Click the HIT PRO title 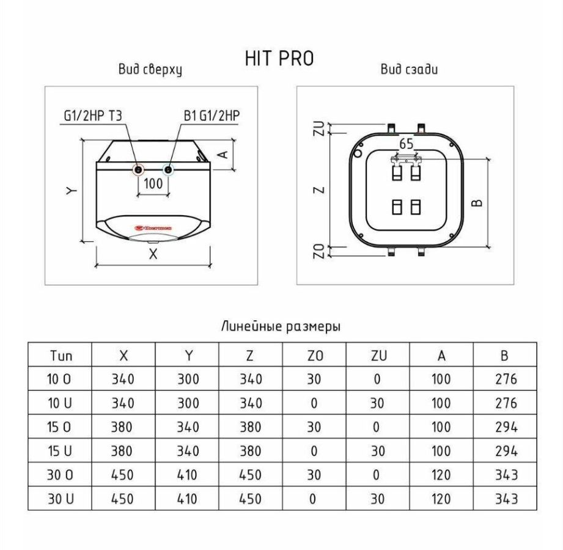279,59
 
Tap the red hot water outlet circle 138,169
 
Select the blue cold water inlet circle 167,169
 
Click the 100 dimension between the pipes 153,183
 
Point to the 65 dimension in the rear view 407,144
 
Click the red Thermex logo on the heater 153,227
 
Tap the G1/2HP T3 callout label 93,116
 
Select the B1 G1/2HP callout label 212,116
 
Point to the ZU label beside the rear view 319,128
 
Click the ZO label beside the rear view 319,251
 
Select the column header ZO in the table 315,356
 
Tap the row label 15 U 60,451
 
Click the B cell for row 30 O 506,475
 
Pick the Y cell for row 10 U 188,403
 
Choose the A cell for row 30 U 441,499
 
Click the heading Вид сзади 409,69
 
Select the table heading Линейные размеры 281,326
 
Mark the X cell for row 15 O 122,427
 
